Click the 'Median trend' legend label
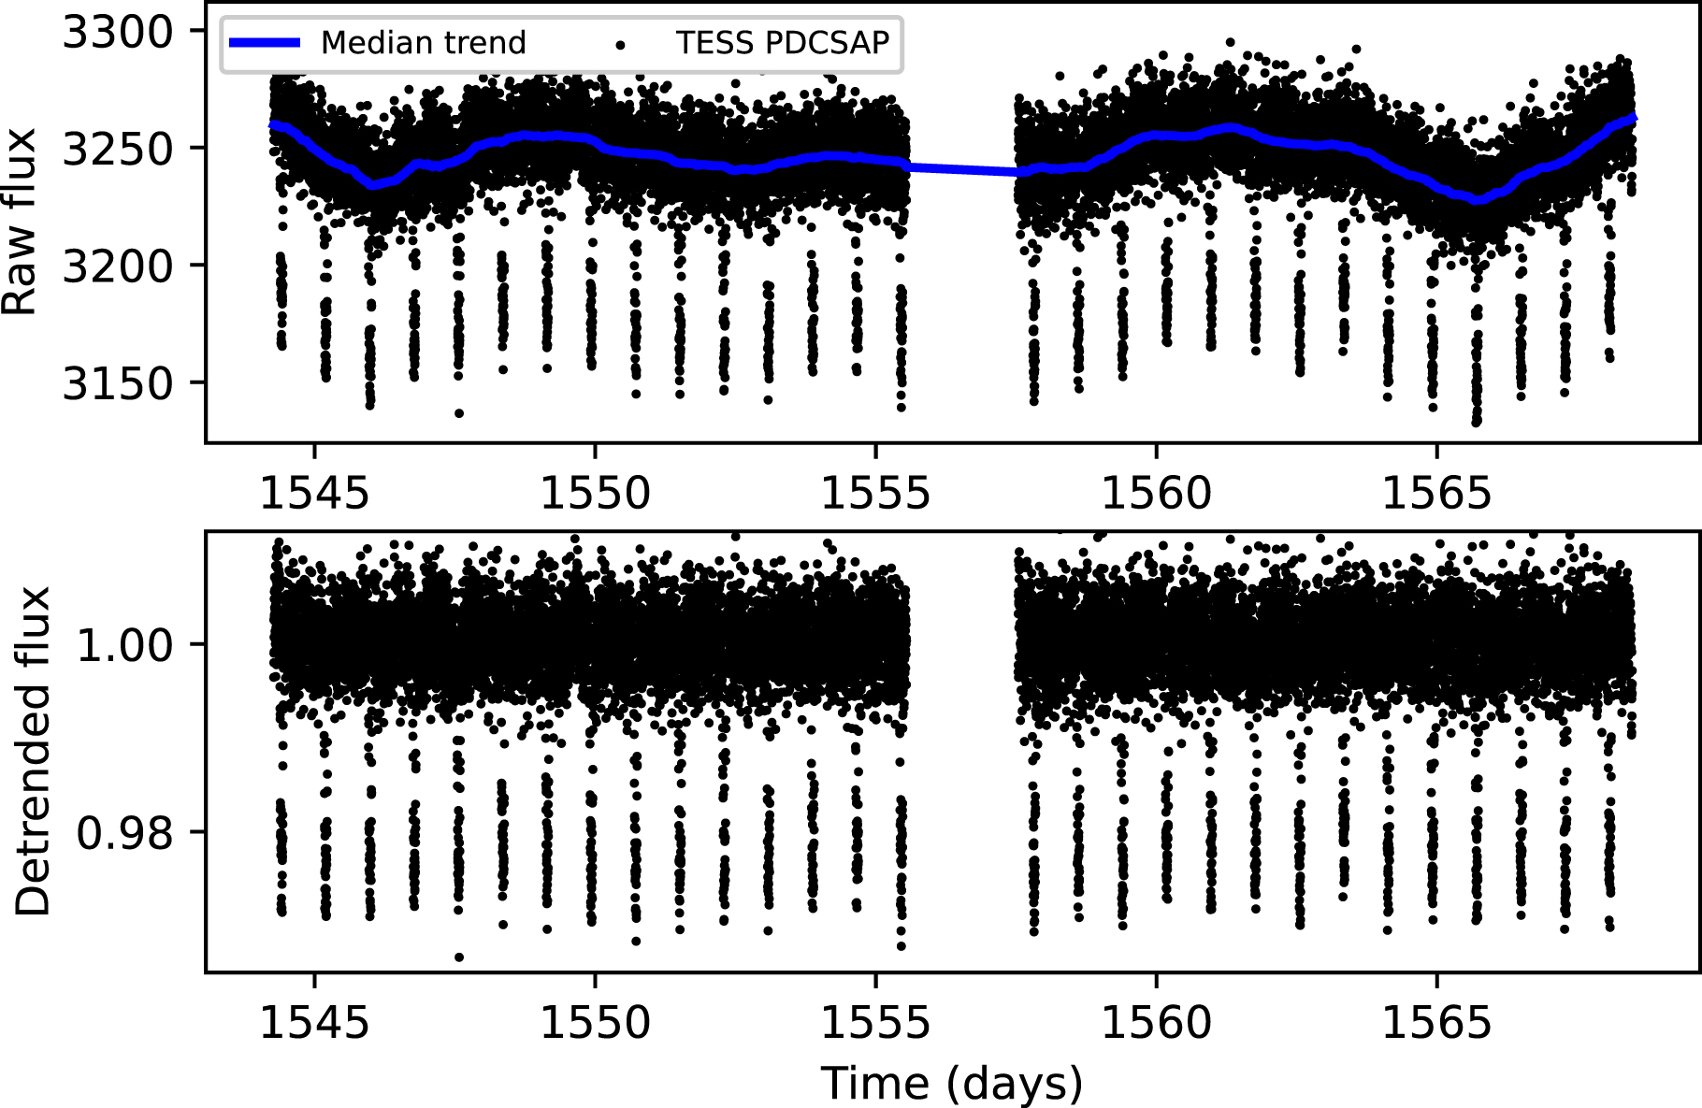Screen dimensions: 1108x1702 click(x=423, y=43)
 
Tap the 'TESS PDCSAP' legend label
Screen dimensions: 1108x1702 click(x=782, y=43)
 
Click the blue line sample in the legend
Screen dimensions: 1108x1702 click(x=265, y=43)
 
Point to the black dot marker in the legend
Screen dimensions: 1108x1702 click(x=620, y=44)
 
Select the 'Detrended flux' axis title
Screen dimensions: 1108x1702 click(x=34, y=751)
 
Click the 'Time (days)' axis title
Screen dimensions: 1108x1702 click(x=951, y=1084)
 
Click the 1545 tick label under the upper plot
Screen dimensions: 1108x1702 click(x=314, y=493)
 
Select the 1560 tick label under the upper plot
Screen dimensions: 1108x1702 click(x=1156, y=493)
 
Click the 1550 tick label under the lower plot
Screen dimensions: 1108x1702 click(x=595, y=1022)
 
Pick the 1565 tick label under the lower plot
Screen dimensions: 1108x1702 click(x=1436, y=1022)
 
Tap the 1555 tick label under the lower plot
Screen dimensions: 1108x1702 click(x=875, y=1022)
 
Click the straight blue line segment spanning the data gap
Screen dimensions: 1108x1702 click(x=963, y=169)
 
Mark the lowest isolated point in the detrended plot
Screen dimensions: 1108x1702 click(x=459, y=957)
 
